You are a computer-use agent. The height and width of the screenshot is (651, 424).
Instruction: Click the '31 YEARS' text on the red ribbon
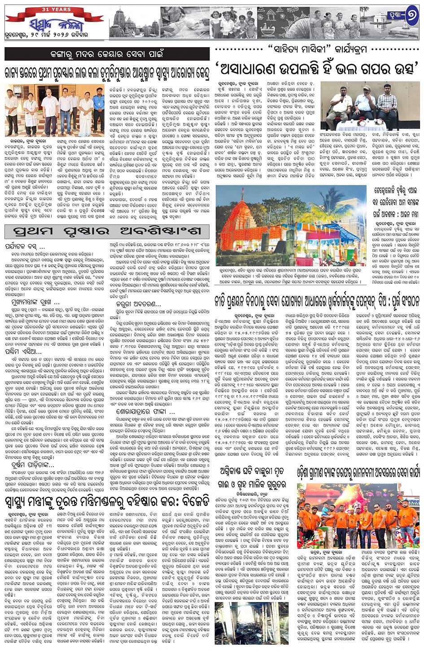click(x=54, y=9)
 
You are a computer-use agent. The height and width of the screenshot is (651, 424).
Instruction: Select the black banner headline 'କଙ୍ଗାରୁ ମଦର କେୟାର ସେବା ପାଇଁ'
click(x=107, y=54)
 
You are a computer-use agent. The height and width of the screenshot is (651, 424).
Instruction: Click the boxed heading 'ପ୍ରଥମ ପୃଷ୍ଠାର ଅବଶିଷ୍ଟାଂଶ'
click(x=107, y=232)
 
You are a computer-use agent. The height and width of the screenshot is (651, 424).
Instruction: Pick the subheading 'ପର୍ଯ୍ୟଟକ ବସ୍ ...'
click(x=25, y=246)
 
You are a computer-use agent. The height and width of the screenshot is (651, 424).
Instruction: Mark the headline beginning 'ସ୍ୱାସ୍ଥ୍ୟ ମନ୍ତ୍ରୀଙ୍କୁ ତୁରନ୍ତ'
click(x=107, y=500)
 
